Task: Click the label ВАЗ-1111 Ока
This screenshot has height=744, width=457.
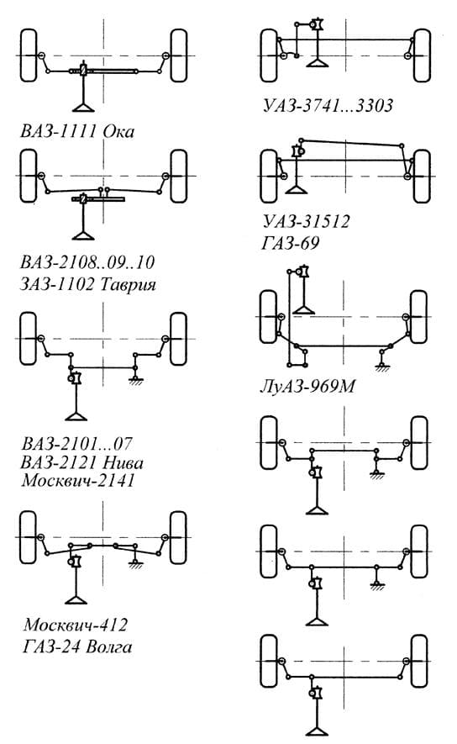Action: [77, 131]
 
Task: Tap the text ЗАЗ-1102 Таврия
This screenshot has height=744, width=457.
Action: [88, 284]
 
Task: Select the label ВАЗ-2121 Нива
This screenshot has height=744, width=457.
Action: [82, 462]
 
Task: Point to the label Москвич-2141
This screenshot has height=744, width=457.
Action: [78, 480]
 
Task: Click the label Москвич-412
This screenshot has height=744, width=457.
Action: [76, 625]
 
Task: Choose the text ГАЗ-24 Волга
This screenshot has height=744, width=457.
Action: [77, 646]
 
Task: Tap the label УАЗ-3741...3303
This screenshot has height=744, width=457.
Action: [328, 105]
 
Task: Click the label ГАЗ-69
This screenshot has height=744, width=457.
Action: [291, 244]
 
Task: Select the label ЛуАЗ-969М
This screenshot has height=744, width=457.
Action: [307, 387]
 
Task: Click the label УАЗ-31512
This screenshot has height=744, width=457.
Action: [307, 221]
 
